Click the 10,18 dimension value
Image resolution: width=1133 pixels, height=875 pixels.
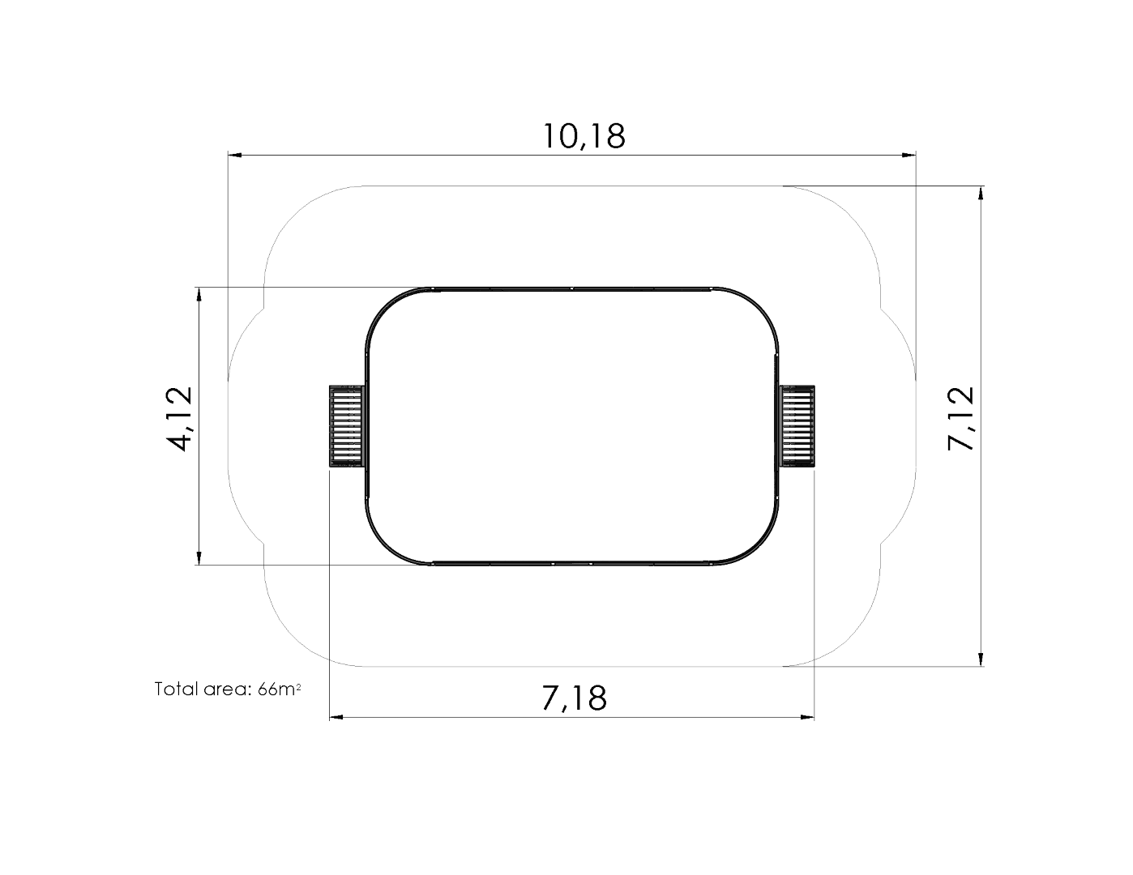coord(584,136)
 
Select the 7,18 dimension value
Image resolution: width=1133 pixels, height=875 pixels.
coord(574,698)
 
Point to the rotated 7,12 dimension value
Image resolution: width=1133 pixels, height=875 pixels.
coord(962,419)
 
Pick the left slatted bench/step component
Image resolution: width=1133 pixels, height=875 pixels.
coord(346,426)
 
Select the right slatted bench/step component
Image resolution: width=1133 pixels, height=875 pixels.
coord(797,426)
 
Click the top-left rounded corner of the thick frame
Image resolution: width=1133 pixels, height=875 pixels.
coord(384,305)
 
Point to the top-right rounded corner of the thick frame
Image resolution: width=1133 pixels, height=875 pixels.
coord(760,305)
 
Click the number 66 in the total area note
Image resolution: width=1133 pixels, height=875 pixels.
coord(267,689)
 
